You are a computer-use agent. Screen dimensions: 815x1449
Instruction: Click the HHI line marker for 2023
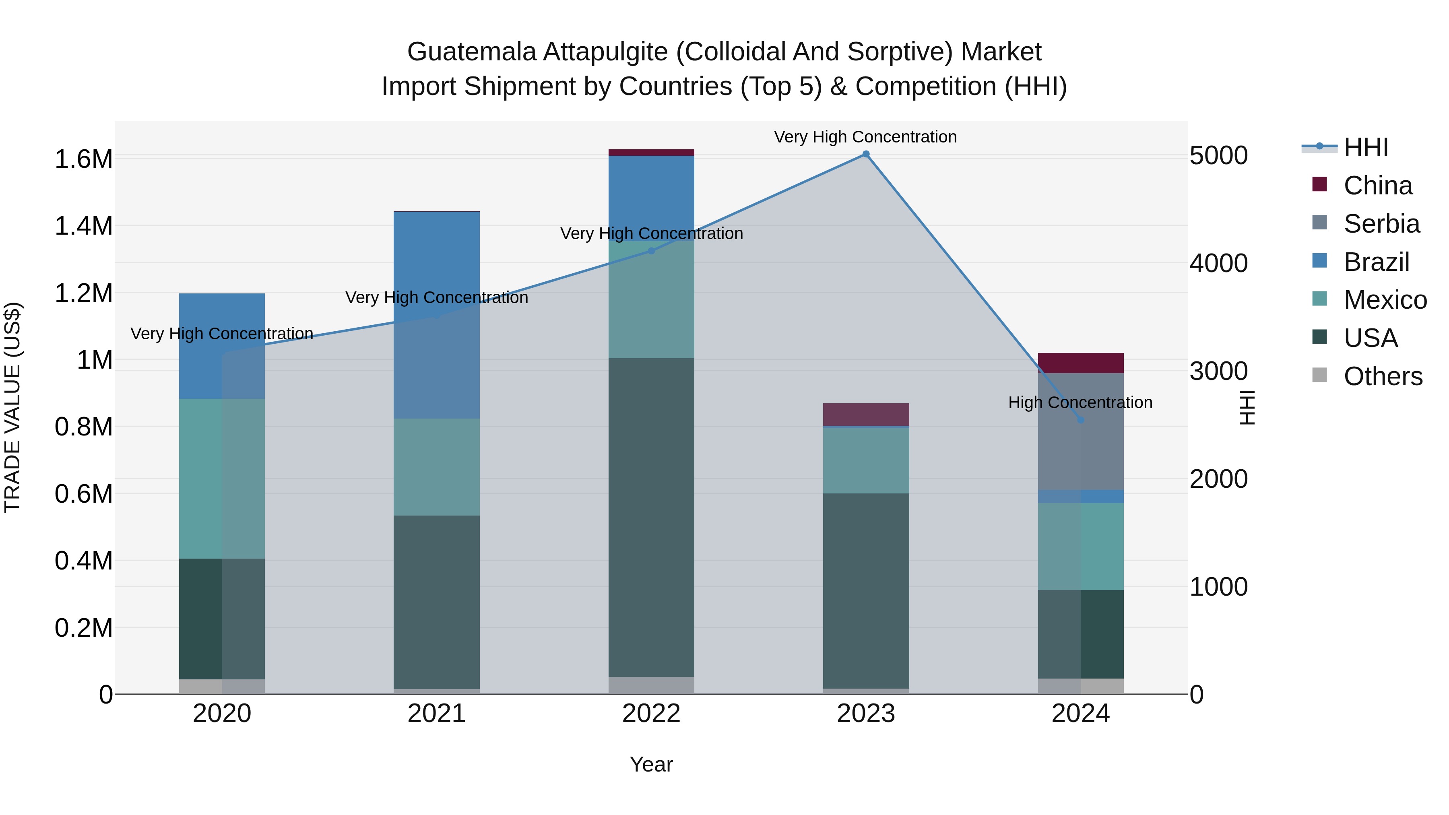(x=866, y=154)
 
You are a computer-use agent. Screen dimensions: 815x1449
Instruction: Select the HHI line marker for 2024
(x=1081, y=420)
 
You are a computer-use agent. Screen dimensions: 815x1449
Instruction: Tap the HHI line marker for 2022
(x=651, y=251)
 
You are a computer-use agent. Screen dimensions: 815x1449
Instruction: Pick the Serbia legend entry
(x=1381, y=224)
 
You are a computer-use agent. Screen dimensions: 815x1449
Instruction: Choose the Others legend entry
(x=1382, y=376)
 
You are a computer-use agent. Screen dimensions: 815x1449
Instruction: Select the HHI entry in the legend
(x=1365, y=147)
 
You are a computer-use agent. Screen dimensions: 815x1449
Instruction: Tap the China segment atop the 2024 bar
(x=1081, y=363)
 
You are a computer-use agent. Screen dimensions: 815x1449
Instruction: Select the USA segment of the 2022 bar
(x=651, y=518)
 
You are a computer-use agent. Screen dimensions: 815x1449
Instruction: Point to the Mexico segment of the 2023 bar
(x=866, y=461)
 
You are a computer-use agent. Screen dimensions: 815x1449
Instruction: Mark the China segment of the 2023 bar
(x=866, y=415)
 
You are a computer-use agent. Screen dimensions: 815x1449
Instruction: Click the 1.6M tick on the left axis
(x=83, y=159)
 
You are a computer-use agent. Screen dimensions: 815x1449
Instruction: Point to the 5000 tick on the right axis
(x=1218, y=155)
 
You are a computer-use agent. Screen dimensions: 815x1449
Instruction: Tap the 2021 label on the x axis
(x=436, y=714)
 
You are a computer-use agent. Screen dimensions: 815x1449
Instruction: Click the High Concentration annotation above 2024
(x=1080, y=403)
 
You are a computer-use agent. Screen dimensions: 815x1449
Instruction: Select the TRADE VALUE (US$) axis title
(x=12, y=407)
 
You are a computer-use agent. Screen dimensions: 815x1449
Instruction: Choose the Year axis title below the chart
(x=651, y=764)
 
